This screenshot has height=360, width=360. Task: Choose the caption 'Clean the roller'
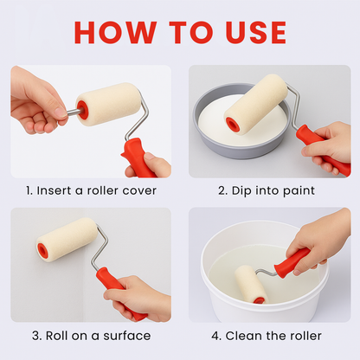(x=269, y=335)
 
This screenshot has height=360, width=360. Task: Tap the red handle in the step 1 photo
(x=139, y=157)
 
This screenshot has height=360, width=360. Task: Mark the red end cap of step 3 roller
(x=42, y=251)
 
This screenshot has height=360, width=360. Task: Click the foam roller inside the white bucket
(x=250, y=284)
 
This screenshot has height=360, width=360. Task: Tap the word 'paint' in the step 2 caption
(x=297, y=190)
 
